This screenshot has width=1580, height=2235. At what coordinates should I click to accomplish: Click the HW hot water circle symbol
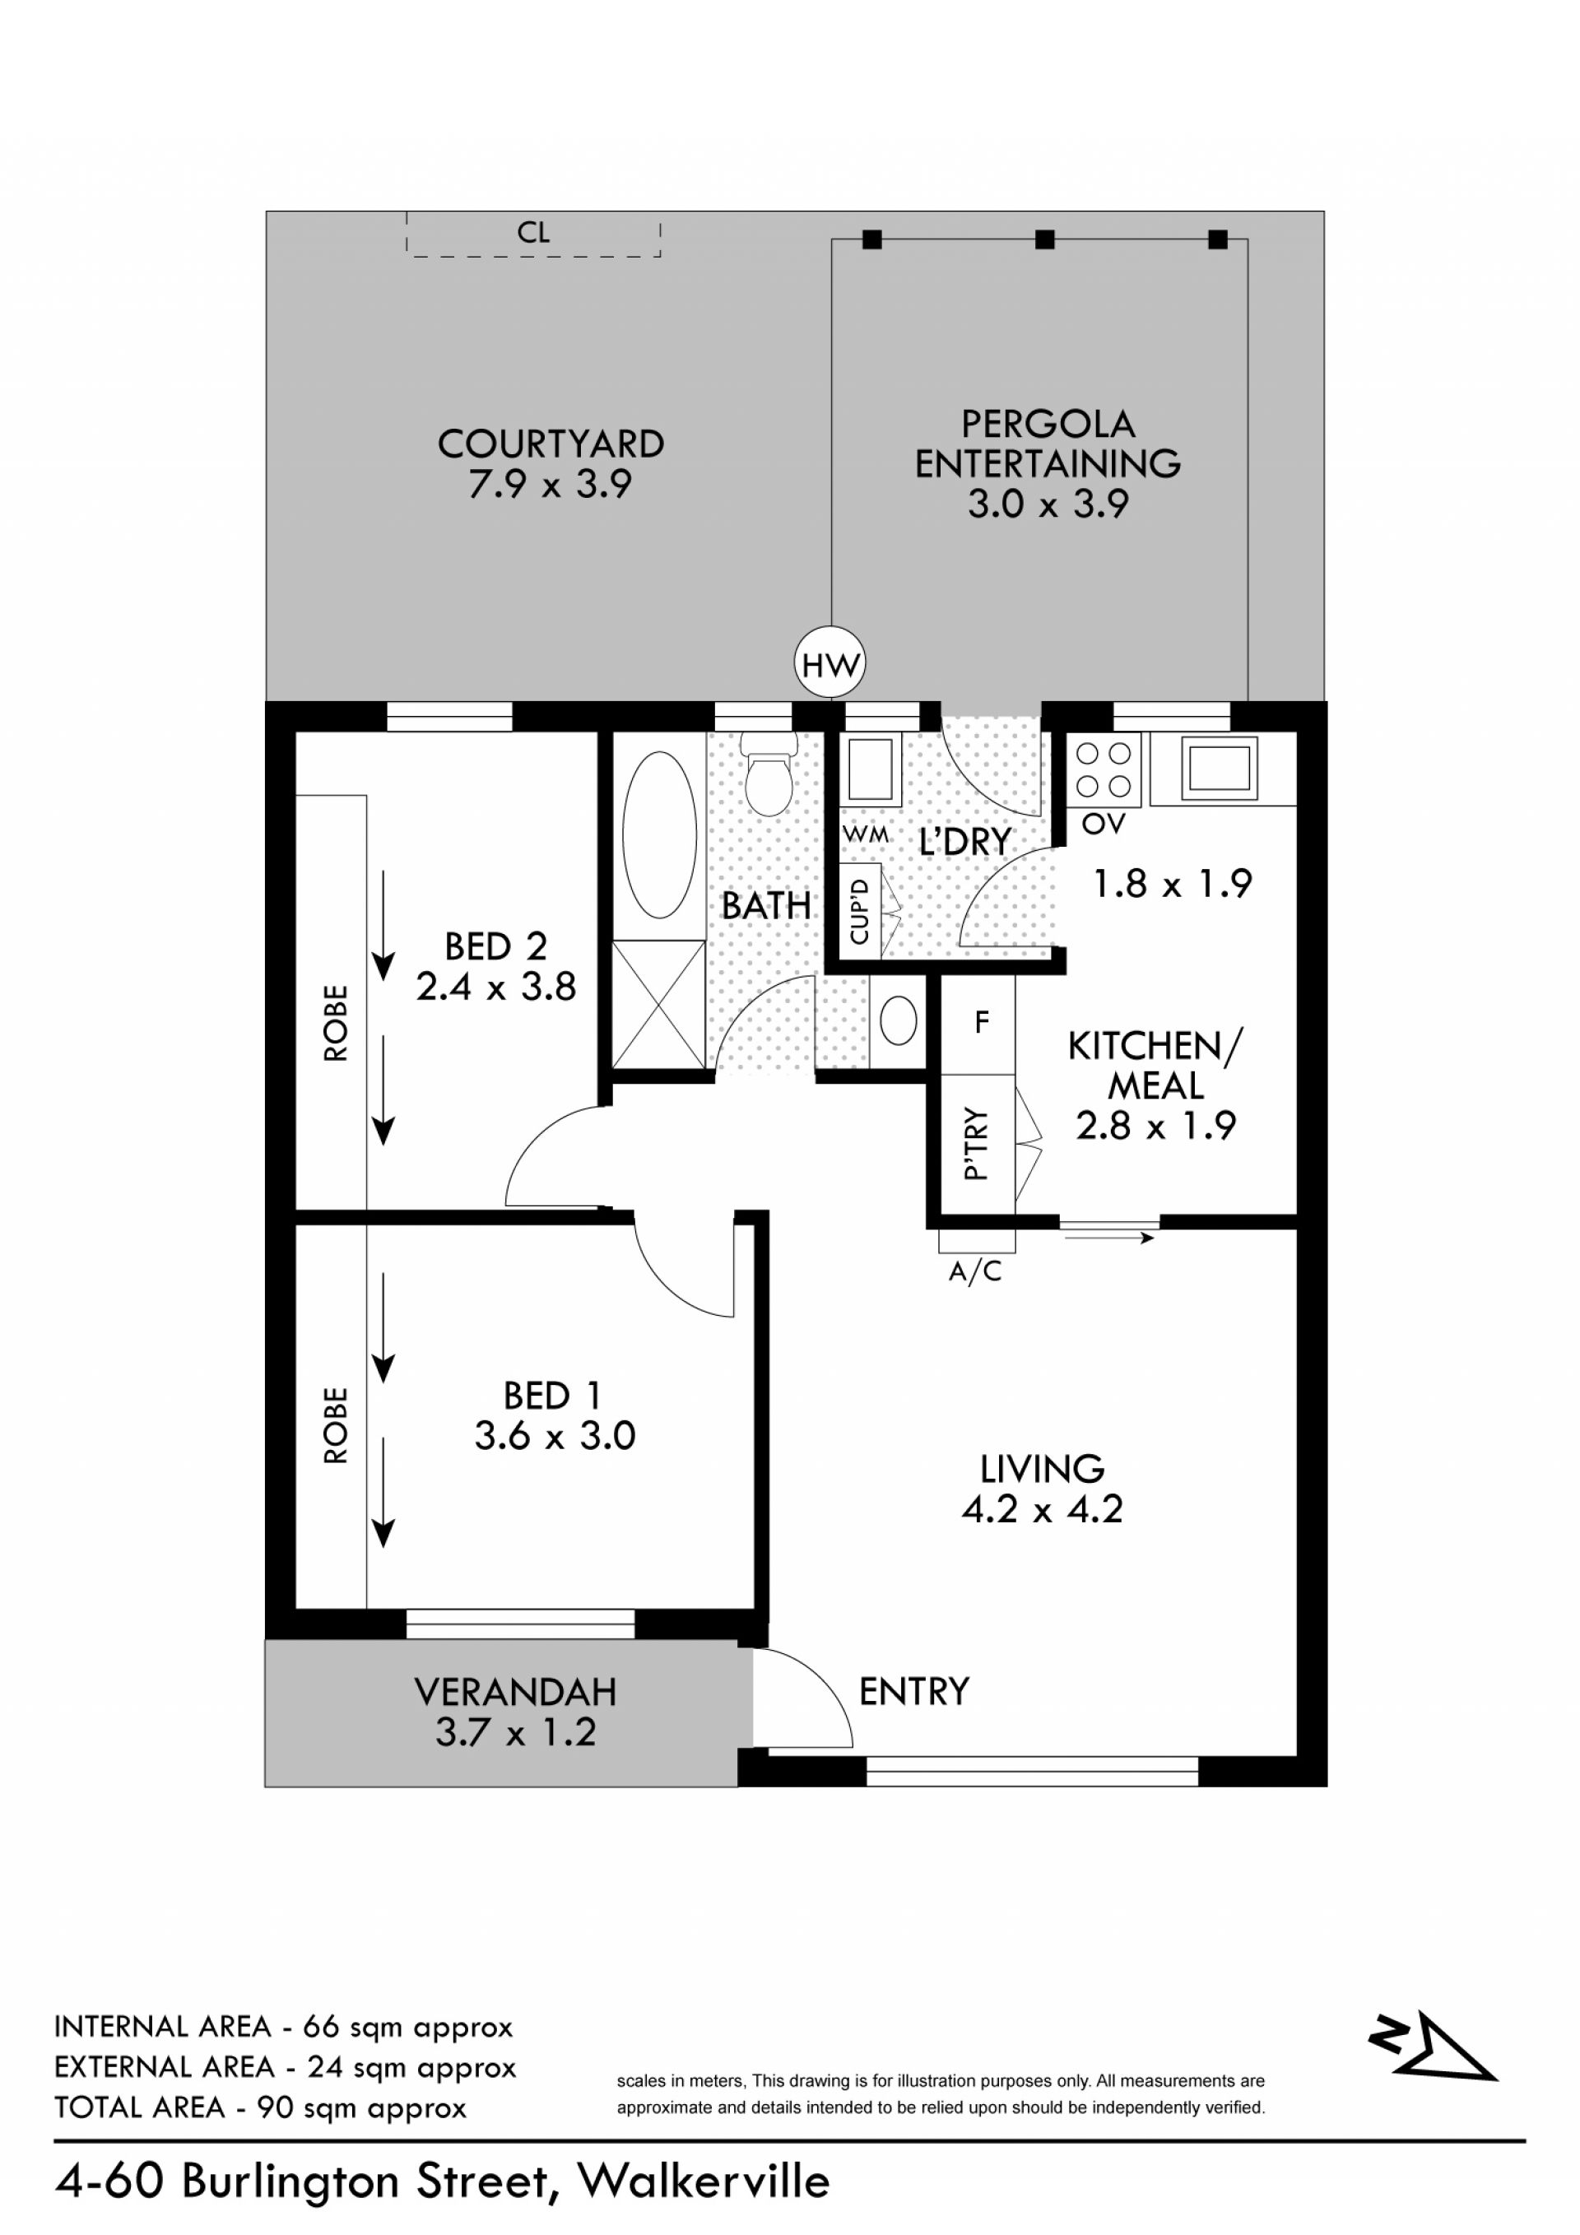[830, 664]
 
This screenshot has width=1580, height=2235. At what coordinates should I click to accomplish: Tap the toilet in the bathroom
[768, 775]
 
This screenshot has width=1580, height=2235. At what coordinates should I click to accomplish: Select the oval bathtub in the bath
[659, 834]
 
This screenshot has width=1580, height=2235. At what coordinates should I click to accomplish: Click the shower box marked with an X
[658, 1004]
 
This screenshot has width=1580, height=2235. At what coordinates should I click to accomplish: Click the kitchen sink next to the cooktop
[1220, 763]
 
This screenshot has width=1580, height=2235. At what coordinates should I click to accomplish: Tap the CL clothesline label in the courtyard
[533, 232]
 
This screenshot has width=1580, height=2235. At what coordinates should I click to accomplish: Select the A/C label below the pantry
[974, 1271]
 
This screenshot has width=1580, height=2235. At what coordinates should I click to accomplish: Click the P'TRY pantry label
[975, 1145]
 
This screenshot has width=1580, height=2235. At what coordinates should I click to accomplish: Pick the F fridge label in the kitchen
[981, 1021]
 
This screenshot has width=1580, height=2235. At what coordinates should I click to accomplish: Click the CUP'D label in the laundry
[858, 911]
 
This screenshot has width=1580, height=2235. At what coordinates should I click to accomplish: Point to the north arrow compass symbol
[1433, 2047]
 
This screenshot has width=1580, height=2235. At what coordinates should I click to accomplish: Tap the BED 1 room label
[552, 1396]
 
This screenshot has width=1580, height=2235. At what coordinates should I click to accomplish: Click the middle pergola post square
[1044, 239]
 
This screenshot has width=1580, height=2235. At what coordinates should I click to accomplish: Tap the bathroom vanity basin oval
[898, 1022]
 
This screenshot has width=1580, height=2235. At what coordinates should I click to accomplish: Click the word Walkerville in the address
[704, 2182]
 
